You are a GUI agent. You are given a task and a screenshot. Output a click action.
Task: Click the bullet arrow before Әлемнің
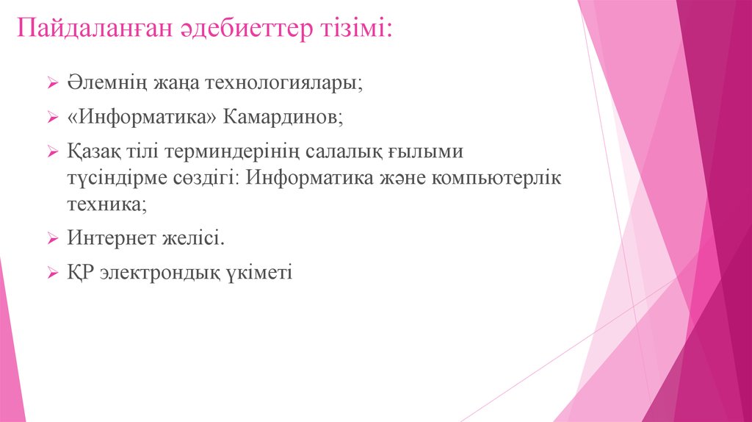pos(53,84)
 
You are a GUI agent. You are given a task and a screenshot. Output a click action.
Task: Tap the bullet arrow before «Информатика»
pos(53,118)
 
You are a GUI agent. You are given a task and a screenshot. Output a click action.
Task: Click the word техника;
pos(107,205)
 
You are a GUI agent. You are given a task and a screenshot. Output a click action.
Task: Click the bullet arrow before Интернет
pos(53,240)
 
